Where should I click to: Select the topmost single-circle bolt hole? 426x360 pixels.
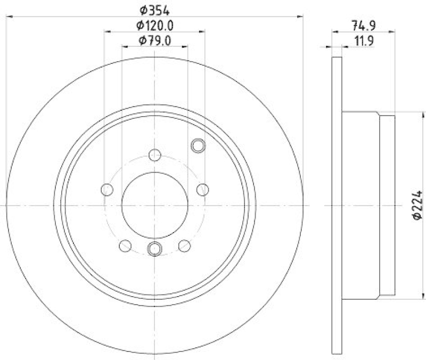point(155,156)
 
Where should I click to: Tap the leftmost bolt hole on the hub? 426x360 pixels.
point(106,190)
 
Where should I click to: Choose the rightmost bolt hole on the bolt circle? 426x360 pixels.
point(203,190)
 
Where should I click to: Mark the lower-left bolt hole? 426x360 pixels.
point(125,246)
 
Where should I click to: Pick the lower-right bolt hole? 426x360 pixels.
point(184,246)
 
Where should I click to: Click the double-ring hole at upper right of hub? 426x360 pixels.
point(197,145)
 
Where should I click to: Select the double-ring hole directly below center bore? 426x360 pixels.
point(155,248)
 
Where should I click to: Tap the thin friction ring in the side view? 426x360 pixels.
point(336,206)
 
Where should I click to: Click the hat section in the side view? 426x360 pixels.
point(367,206)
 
